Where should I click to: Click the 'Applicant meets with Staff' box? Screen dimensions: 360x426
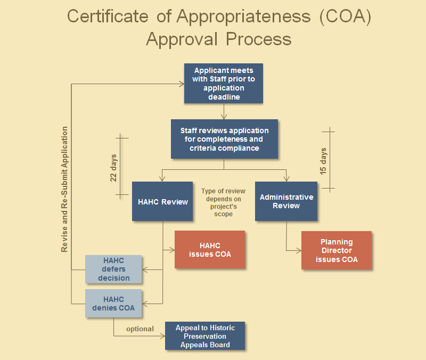click(224, 84)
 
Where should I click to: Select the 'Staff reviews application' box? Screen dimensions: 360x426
click(224, 139)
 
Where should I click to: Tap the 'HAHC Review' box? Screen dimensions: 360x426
click(162, 201)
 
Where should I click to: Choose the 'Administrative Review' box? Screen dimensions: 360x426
click(286, 201)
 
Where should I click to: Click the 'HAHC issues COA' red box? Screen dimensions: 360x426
click(210, 249)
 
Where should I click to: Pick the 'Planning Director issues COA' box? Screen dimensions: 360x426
click(337, 250)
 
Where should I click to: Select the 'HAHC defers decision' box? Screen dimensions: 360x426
click(114, 269)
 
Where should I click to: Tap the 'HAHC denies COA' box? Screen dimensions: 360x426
click(114, 304)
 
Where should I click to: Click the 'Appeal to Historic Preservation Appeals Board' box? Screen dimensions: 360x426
click(205, 336)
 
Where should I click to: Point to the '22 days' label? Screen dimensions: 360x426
click(113, 168)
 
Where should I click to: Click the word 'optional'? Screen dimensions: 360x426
click(140, 329)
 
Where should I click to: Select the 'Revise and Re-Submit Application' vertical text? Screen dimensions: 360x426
click(64, 189)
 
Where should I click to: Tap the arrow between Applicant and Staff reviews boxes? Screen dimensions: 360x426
click(224, 112)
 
